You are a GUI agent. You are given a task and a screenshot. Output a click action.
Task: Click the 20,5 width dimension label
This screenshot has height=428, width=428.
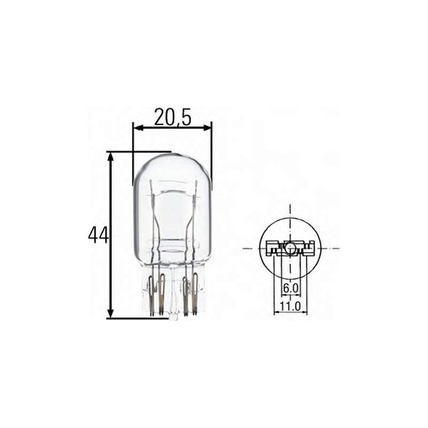[172, 117]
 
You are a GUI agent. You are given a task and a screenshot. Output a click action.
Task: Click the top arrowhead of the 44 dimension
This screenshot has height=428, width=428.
[111, 156]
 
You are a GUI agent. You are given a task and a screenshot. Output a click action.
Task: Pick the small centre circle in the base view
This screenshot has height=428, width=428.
[289, 248]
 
